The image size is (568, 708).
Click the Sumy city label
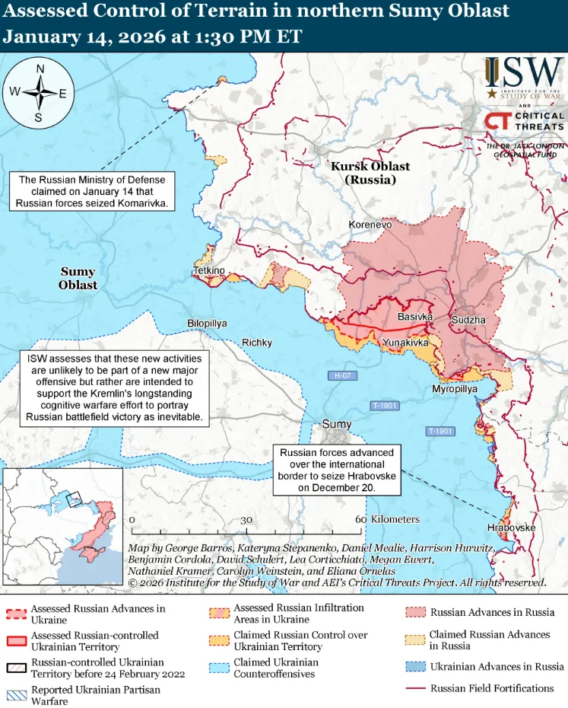coord(337,424)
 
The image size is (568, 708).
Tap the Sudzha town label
coord(468,320)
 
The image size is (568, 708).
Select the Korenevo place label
coord(370,225)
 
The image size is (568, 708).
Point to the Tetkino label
coord(208,271)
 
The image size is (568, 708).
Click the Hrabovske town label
coord(511,528)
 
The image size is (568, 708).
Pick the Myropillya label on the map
coord(455,388)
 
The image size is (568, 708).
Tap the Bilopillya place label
coord(207,324)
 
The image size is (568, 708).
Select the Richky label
coord(257,343)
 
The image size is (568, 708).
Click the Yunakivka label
coord(405,343)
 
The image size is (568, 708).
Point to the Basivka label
coord(415,316)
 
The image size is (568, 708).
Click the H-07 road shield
coord(340,375)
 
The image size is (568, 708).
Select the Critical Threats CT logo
coord(498,121)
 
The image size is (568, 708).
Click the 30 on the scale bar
coord(246,519)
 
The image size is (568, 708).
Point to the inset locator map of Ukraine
coord(62,526)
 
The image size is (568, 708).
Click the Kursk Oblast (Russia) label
coord(370,173)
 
